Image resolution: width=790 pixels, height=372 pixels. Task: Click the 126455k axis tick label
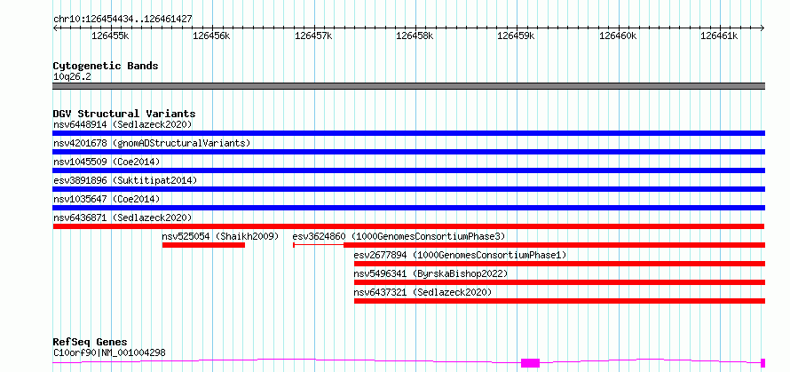pyautogui.click(x=110, y=36)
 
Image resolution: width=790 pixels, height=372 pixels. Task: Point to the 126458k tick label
pyautogui.click(x=415, y=36)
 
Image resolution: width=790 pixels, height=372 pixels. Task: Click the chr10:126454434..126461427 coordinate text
pyautogui.click(x=122, y=20)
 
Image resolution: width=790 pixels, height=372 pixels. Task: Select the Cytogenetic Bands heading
pyautogui.click(x=106, y=66)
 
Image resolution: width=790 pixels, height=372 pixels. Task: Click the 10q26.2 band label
pyautogui.click(x=72, y=77)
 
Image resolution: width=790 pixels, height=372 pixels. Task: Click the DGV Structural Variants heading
pyautogui.click(x=124, y=114)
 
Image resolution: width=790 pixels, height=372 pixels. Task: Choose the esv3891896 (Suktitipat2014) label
pyautogui.click(x=125, y=180)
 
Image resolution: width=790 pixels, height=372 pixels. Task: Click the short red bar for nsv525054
pyautogui.click(x=203, y=245)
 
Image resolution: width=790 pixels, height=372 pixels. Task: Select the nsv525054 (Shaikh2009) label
pyautogui.click(x=220, y=236)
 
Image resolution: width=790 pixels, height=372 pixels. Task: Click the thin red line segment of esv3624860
pyautogui.click(x=319, y=245)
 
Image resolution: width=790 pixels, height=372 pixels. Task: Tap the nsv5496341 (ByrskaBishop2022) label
pyautogui.click(x=431, y=273)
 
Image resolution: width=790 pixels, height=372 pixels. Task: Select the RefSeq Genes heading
pyautogui.click(x=91, y=343)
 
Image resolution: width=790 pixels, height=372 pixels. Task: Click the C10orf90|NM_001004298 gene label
pyautogui.click(x=109, y=352)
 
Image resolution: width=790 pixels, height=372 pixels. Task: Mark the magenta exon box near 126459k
pyautogui.click(x=530, y=363)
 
